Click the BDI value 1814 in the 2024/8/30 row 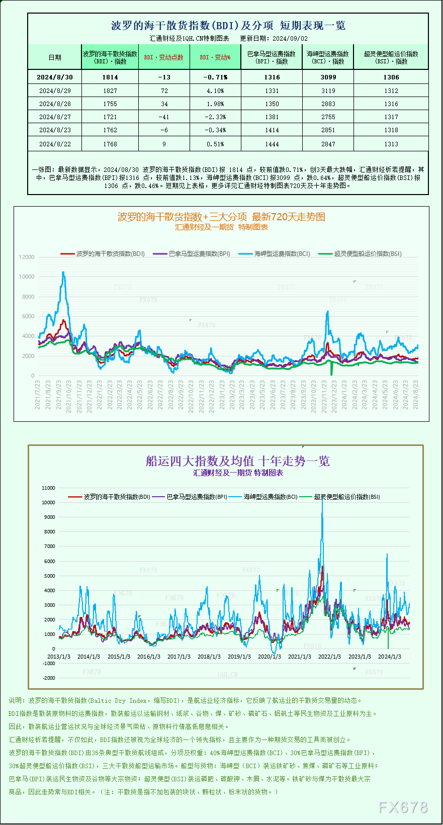click(110, 77)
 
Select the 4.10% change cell click(215, 91)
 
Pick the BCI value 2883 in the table click(328, 104)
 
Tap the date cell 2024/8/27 click(55, 117)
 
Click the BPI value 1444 click(272, 144)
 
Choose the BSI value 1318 click(391, 130)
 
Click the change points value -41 click(164, 117)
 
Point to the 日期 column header click(55, 57)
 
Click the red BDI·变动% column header click(215, 57)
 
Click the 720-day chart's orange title click(221, 217)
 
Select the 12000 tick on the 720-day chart click(27, 257)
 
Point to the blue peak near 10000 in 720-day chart click(63, 273)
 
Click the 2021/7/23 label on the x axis click(38, 395)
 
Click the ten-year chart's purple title click(237, 461)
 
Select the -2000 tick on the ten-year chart click(49, 678)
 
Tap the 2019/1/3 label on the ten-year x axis click(239, 657)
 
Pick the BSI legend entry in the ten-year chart click(346, 497)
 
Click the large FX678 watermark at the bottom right click(403, 807)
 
